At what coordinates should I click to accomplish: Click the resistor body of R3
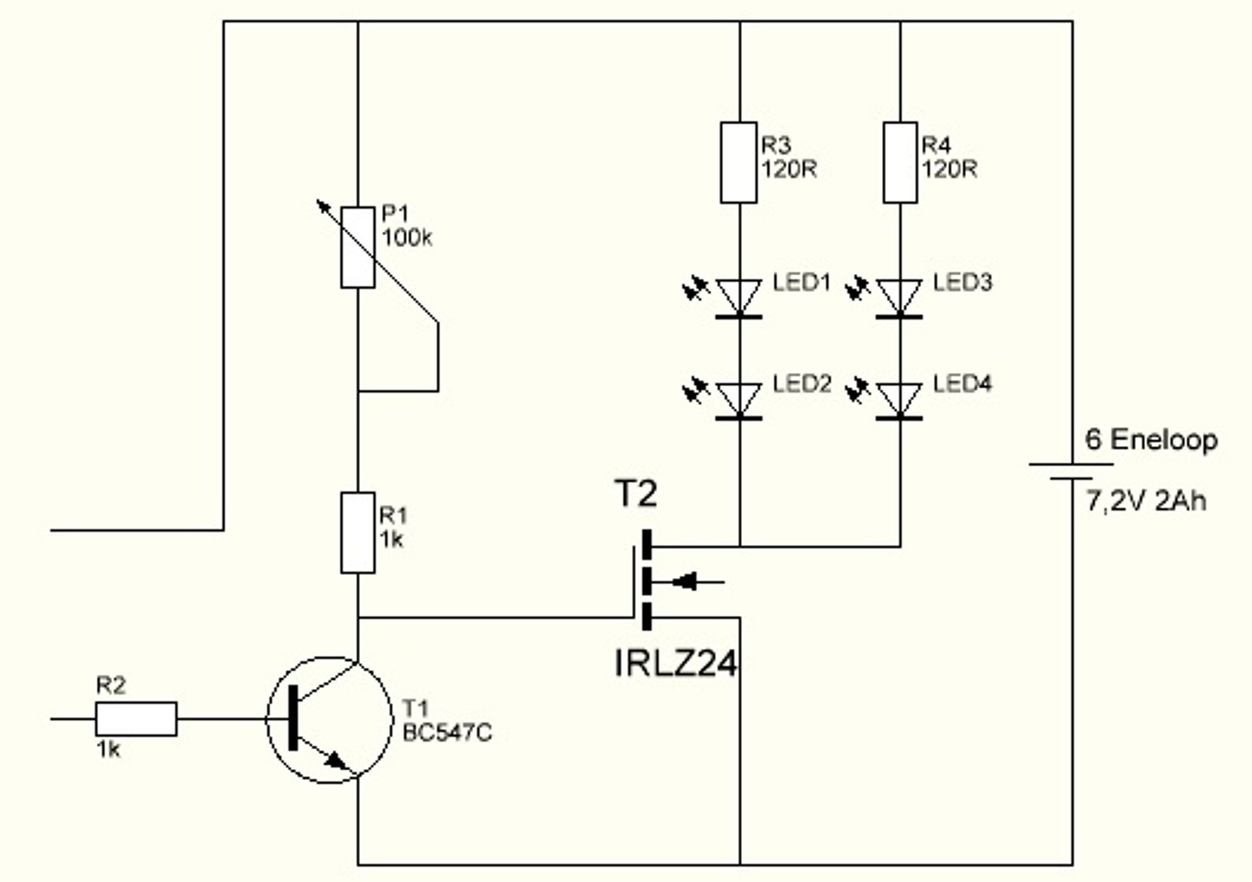coord(739,163)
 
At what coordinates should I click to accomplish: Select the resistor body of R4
coord(900,163)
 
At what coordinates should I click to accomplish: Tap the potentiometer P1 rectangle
coord(358,247)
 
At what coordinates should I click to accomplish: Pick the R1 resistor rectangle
coord(358,533)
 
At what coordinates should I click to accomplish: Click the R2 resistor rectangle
coord(136,719)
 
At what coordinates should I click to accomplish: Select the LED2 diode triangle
coord(739,398)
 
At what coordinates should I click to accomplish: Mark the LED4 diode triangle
coord(900,398)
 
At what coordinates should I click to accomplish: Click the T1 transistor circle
coord(329,720)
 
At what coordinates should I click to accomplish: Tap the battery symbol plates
coord(1072,471)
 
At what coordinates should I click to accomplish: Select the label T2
coord(635,495)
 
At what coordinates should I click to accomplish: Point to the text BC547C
coord(447,733)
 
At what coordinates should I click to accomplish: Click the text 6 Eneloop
coord(1151,440)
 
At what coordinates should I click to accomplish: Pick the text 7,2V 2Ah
coord(1146,501)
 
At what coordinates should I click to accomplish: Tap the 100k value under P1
coord(407,238)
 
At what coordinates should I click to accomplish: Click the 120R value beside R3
coord(789,169)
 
